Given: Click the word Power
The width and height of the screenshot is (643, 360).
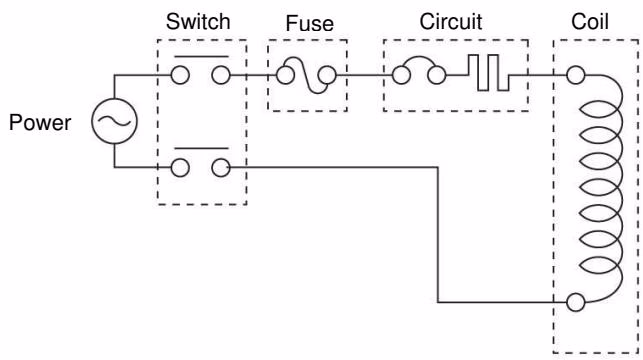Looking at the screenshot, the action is coord(40,123).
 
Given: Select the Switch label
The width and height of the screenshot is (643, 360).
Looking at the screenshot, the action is coord(198,21).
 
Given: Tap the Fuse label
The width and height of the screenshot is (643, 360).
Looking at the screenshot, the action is coord(310,23).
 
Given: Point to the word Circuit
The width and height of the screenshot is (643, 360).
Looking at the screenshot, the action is coord(451,21).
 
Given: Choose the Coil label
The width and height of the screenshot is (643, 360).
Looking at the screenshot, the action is coord(590,21).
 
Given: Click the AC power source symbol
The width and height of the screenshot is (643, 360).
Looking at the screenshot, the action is coord(114,121).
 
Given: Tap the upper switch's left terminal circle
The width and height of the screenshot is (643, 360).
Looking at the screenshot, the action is coord(180,75).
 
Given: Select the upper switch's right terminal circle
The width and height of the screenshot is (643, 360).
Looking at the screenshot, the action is coord(221,75).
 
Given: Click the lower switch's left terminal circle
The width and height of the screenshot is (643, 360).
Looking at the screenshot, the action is coord(180,168).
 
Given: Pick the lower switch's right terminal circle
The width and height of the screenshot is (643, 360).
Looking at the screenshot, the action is coord(221,168).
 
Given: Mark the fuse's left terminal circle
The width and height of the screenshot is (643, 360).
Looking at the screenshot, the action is coord(285,75).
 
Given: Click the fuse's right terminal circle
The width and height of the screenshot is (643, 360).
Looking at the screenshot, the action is coord(327,75).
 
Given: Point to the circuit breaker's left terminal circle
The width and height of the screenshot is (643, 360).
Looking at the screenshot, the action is coord(401,75).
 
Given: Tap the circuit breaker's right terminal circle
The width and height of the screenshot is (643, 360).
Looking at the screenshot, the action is coord(436,75).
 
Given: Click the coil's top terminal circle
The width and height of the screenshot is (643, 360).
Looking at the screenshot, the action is coord(575,75).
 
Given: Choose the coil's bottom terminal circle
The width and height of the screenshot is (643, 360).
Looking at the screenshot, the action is coord(575,302).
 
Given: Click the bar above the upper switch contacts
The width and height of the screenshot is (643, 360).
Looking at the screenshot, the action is coord(201,57).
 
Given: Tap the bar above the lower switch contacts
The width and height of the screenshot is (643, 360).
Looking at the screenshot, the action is coord(201,148).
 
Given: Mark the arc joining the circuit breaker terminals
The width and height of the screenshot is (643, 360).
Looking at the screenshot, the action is coord(419,57).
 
